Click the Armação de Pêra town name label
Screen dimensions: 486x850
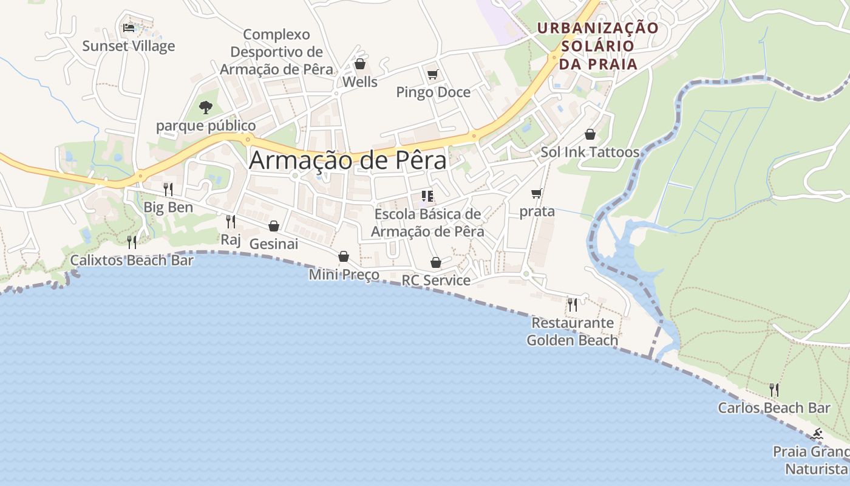(x=347, y=160)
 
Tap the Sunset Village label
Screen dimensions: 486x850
(x=129, y=46)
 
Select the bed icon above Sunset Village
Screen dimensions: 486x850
(x=128, y=28)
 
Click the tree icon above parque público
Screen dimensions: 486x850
(x=206, y=108)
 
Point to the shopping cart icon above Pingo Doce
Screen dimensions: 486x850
(x=432, y=75)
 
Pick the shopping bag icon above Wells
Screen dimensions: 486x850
(x=360, y=64)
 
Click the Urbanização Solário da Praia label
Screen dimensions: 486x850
(x=597, y=46)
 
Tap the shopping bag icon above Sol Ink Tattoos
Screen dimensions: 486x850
(x=590, y=134)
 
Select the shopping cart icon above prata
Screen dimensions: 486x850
(x=536, y=194)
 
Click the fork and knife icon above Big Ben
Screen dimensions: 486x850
(x=168, y=189)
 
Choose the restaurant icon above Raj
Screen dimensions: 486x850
(x=231, y=221)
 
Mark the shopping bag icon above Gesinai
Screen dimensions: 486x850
(x=274, y=226)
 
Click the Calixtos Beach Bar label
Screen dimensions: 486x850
(x=132, y=261)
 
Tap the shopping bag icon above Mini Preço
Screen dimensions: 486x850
(x=344, y=256)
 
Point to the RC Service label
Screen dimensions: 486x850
(x=436, y=280)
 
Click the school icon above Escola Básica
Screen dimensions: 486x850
(x=427, y=196)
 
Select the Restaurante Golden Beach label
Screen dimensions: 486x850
(x=572, y=331)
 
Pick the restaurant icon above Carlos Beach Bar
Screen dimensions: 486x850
(x=774, y=389)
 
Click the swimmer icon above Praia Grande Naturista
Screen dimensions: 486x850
(x=817, y=434)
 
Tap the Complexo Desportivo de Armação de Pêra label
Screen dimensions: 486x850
(x=276, y=52)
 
